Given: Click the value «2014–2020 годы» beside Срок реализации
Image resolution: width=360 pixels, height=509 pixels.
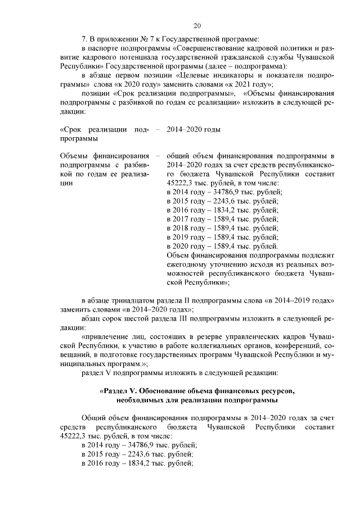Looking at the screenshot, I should click(x=193, y=129).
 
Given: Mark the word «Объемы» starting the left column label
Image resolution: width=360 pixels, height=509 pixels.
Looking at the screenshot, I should click(x=74, y=156).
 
